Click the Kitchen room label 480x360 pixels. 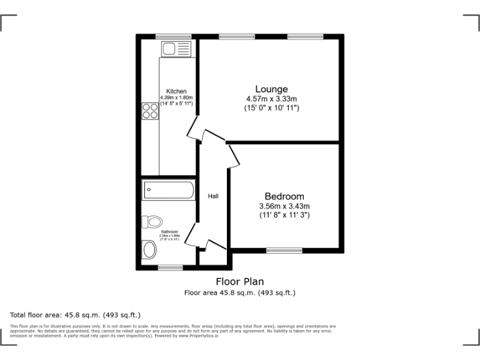coord(176,91)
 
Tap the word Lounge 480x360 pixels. coord(271,89)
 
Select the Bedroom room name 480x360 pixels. coord(284,196)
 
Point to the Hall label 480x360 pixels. coord(213,196)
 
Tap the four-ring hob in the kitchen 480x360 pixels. coord(150,111)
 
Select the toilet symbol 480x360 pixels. coord(152,221)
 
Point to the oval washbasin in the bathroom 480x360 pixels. coord(150,250)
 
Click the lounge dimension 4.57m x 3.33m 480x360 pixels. coord(271,99)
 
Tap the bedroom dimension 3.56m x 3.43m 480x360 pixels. coord(284,206)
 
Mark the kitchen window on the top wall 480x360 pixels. coord(173,36)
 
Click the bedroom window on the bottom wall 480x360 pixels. coord(285,251)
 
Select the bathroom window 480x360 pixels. coord(169,267)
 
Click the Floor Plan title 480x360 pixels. coord(240,281)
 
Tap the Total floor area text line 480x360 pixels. coord(76,315)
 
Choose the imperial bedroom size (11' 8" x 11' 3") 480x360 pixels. coord(284,216)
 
